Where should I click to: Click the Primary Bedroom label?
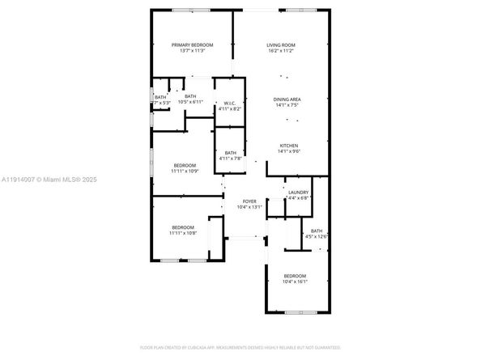tap(192, 44)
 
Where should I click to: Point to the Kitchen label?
tap(289, 146)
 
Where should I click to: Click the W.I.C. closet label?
tap(230, 103)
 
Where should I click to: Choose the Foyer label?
tap(249, 201)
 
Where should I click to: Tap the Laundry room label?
tap(299, 192)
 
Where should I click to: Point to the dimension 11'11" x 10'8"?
tap(182, 234)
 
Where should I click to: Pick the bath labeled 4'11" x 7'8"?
tap(231, 159)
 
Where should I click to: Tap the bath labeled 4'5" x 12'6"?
tap(317, 236)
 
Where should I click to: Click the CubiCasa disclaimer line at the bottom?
tap(240, 347)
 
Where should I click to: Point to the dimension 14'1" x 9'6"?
tap(289, 152)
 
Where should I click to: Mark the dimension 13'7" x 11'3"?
tap(192, 51)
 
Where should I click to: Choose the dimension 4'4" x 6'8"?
tap(299, 197)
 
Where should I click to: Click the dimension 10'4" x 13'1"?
tap(249, 208)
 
